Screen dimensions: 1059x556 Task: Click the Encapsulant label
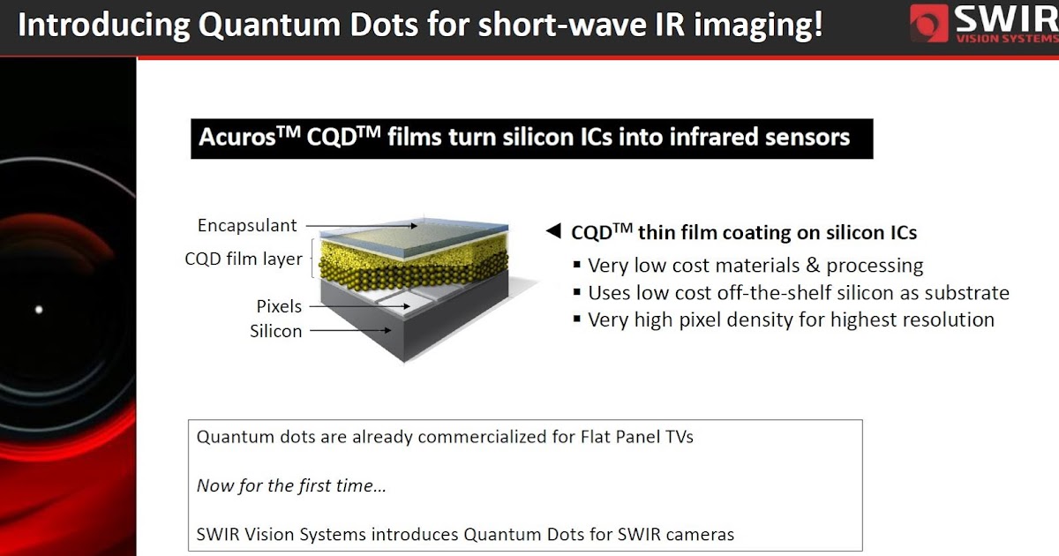click(x=247, y=226)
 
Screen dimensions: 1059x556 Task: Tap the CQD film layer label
click(x=244, y=259)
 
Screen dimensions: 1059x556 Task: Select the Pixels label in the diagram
click(x=279, y=306)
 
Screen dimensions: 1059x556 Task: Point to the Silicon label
click(x=275, y=331)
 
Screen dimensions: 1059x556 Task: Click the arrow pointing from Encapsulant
click(x=362, y=226)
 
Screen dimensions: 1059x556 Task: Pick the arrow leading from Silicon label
click(x=350, y=330)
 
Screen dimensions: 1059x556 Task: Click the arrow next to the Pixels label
click(x=359, y=306)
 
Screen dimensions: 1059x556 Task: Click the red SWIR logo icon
click(x=928, y=23)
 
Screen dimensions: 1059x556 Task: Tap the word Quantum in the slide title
click(x=269, y=25)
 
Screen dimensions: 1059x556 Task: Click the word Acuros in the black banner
click(x=237, y=138)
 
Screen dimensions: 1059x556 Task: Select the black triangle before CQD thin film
click(x=553, y=230)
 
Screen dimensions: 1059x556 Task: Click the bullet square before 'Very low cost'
click(x=577, y=264)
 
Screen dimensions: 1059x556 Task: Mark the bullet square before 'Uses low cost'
click(x=577, y=292)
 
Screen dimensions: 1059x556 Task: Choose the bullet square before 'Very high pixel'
click(x=577, y=319)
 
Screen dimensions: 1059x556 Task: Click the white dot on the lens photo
click(x=39, y=310)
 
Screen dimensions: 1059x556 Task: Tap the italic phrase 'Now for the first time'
click(x=291, y=485)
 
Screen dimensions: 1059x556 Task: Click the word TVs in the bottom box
click(x=679, y=437)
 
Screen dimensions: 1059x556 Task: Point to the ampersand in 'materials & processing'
click(x=813, y=266)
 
